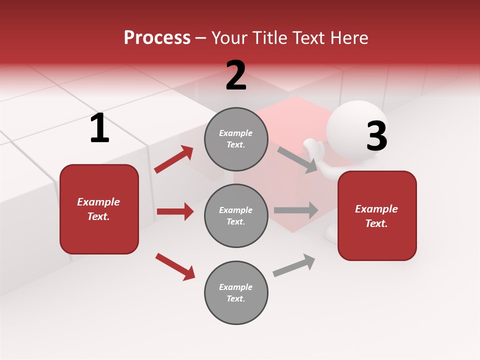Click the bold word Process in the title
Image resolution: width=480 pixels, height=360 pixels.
(157, 37)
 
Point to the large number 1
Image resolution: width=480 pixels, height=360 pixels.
(99, 128)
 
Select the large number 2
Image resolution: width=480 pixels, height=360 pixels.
(236, 75)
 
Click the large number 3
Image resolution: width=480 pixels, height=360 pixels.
(376, 136)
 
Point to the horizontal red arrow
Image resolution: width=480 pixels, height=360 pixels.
(175, 211)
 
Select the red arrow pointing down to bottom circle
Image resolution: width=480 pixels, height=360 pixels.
(175, 266)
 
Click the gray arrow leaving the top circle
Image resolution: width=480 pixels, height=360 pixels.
(297, 159)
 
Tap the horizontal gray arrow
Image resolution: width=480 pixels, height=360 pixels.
(296, 210)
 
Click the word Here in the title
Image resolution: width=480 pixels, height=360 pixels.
(349, 37)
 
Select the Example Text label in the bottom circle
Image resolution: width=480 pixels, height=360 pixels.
(236, 292)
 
